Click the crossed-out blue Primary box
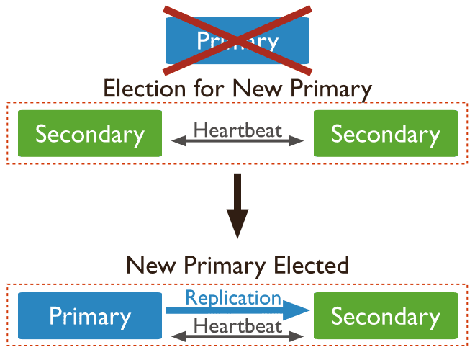(x=237, y=40)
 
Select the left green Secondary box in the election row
(x=89, y=134)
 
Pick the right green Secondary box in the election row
(x=385, y=134)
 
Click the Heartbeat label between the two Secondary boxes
(x=237, y=130)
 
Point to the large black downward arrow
(x=237, y=212)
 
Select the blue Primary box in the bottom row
(x=89, y=317)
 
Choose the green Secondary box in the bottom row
(x=385, y=317)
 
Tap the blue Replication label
(x=233, y=298)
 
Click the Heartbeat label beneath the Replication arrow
(x=237, y=325)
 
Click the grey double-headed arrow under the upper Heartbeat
(x=237, y=143)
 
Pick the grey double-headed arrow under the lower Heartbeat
(x=237, y=336)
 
